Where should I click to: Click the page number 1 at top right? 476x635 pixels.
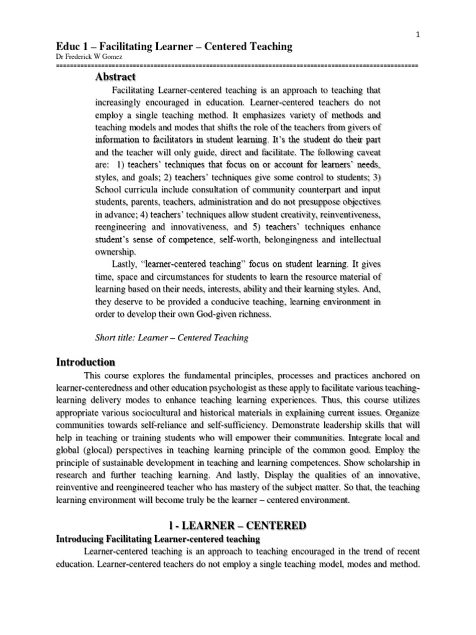click(418, 35)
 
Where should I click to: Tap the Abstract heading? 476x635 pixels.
click(115, 77)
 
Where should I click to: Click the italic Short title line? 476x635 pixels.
click(172, 338)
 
